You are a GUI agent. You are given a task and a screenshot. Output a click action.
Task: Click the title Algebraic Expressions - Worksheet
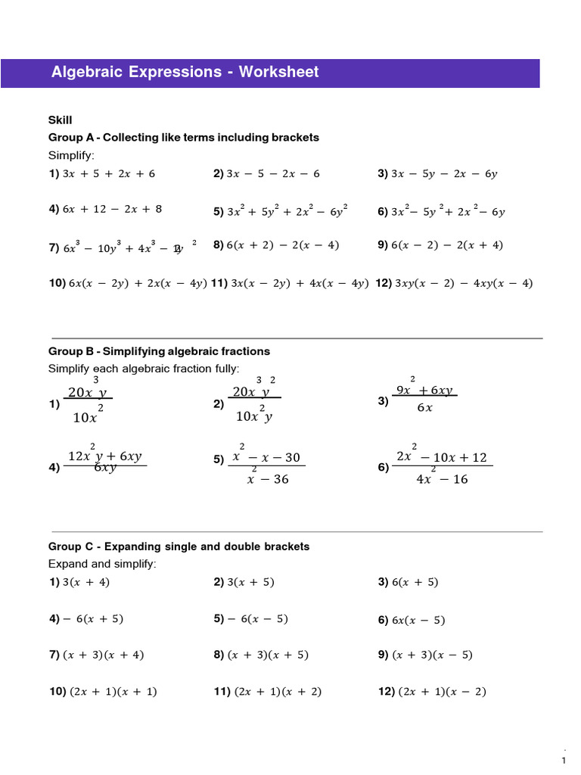coord(185,73)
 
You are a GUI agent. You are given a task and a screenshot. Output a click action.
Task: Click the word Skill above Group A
coord(60,120)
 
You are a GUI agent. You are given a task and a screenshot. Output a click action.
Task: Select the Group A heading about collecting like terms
coord(184,138)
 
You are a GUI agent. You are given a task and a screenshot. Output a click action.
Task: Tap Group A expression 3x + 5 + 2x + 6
coord(109,174)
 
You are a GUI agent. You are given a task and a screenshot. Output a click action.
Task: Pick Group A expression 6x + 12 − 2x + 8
coord(112,209)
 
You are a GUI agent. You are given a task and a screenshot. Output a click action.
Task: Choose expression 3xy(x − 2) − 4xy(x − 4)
coord(464,284)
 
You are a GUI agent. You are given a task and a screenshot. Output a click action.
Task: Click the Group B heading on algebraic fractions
coord(159,351)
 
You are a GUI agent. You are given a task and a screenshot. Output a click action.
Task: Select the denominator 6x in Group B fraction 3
coord(425,408)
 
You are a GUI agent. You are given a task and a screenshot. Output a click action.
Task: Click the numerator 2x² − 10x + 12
coord(442,457)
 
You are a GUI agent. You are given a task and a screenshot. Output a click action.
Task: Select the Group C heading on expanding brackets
coord(179,546)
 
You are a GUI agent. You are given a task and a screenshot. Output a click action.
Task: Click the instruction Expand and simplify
coord(102,564)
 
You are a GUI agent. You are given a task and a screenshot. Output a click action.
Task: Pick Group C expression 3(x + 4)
coord(86,582)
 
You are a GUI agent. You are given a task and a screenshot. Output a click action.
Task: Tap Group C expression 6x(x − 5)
coord(418,621)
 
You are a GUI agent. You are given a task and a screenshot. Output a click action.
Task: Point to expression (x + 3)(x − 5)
coord(433,655)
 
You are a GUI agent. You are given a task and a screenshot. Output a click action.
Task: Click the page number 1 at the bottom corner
coord(564,760)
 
